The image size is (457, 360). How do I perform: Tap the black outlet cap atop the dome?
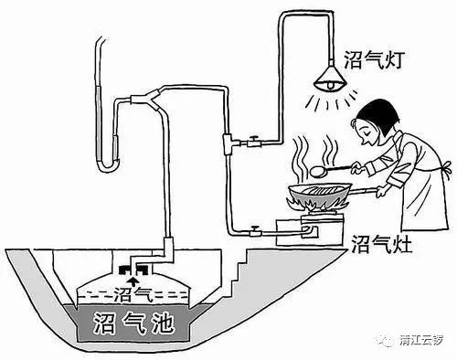coord(134,268)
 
